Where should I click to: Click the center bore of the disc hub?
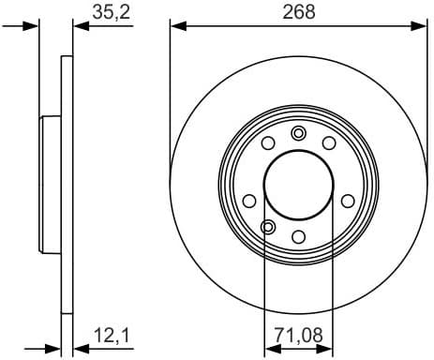pyautogui.click(x=298, y=184)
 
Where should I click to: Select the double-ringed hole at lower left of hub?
pyautogui.click(x=268, y=226)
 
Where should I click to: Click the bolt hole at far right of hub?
pyautogui.click(x=348, y=201)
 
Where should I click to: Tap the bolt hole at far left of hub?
pyautogui.click(x=248, y=201)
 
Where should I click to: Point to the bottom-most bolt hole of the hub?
pyautogui.click(x=298, y=236)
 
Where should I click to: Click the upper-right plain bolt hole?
pyautogui.click(x=329, y=142)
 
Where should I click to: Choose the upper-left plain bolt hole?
pyautogui.click(x=267, y=142)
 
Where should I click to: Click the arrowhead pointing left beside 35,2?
pyautogui.click(x=80, y=27)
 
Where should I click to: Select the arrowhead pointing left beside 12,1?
pyautogui.click(x=80, y=345)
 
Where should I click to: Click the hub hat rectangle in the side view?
pyautogui.click(x=50, y=184)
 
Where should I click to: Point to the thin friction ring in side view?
pyautogui.click(x=67, y=94)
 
